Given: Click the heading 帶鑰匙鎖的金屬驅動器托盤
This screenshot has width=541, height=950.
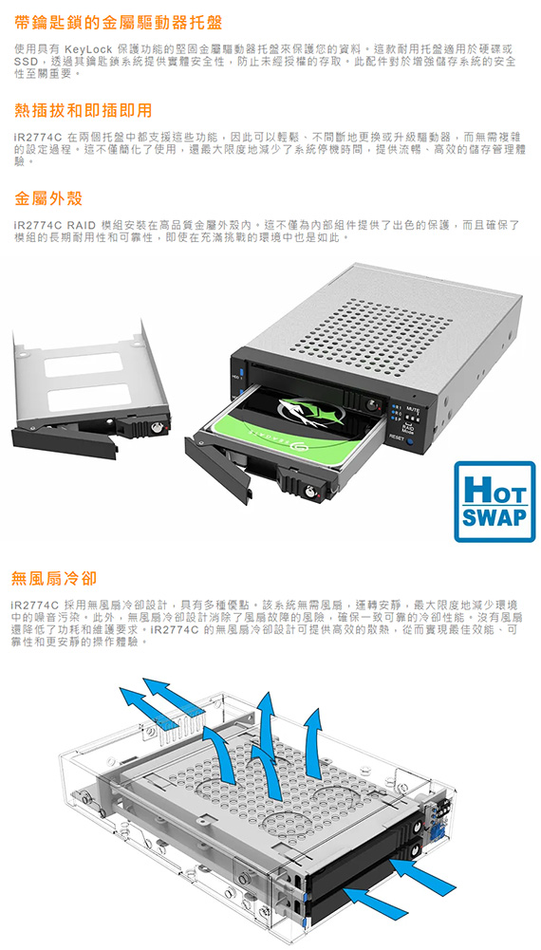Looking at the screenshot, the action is pos(119,23).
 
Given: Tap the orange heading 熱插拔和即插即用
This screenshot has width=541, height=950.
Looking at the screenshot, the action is pos(84,110).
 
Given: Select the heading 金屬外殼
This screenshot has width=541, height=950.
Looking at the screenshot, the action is pos(48,198).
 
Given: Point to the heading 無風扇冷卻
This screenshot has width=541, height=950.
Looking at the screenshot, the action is pos(54,577).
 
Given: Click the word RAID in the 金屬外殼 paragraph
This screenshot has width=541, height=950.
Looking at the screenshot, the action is pos(82,225).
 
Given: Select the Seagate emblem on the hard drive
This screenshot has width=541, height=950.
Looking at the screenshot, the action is pos(309,413).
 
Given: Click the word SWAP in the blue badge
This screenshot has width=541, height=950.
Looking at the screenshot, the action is pos(494,518).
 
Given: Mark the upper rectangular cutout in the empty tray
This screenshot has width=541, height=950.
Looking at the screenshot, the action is pos(84,365).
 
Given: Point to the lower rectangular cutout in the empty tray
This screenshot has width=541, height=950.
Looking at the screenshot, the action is pos(88,398).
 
